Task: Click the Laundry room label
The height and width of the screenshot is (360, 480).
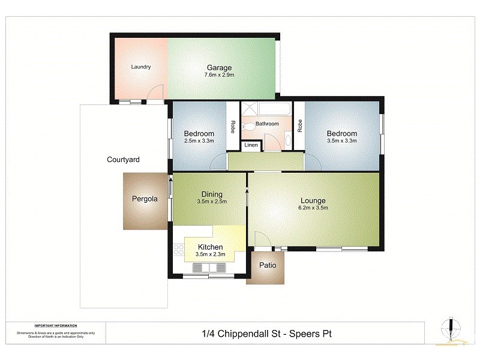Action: point(140,67)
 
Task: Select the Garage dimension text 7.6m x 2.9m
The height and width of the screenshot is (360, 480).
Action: point(219,76)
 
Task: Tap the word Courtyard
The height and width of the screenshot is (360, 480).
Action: point(123,160)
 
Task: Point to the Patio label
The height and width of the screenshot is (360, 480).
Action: point(268,265)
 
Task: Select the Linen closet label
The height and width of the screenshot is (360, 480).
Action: point(251,145)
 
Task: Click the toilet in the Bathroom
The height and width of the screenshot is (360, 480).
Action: point(247,127)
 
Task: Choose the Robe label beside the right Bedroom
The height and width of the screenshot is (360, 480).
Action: point(299,125)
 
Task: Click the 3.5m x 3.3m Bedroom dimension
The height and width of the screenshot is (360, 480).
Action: point(341,141)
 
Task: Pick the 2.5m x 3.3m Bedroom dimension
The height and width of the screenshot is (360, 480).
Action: point(199,141)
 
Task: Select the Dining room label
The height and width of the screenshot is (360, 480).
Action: point(212,194)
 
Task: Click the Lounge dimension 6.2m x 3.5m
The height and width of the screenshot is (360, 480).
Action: point(313,208)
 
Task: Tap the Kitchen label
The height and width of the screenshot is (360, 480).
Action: point(210,247)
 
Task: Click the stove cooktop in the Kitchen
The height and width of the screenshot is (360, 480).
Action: point(178,251)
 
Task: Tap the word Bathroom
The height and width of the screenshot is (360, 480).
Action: point(267,124)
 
